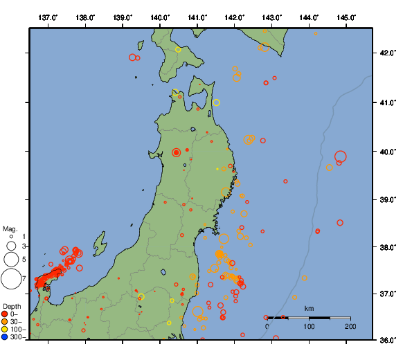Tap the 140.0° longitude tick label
[x=160, y=17]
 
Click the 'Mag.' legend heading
[x=10, y=228]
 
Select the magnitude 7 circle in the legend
[x=10, y=279]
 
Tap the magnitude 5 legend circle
[x=10, y=259]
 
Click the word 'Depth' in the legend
[x=12, y=305]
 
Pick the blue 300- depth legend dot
[x=6, y=337]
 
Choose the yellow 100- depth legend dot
[x=6, y=330]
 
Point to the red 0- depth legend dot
[x=6, y=314]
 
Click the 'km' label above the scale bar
[x=309, y=308]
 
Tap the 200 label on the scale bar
[x=350, y=326]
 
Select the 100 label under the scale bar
[x=309, y=326]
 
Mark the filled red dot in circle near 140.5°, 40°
[x=176, y=152]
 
